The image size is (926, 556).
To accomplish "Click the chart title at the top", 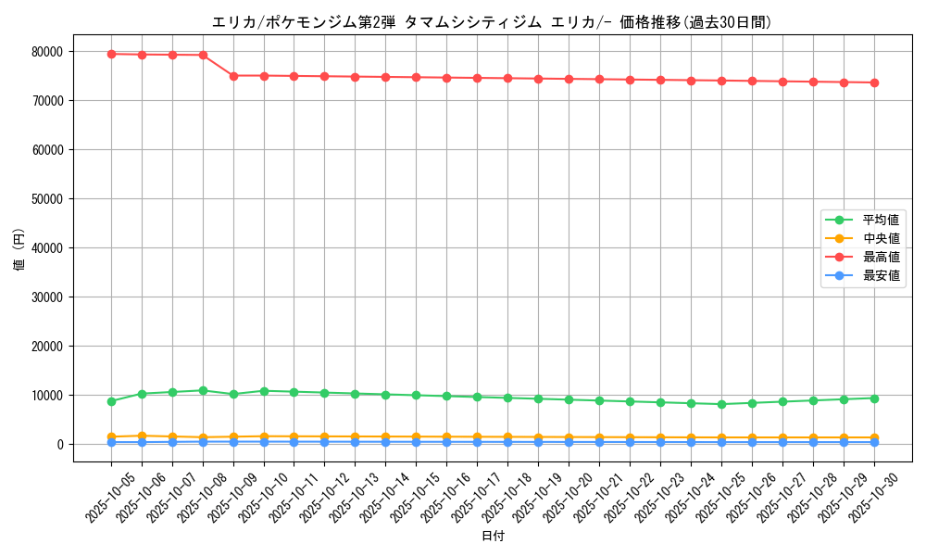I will (x=491, y=22).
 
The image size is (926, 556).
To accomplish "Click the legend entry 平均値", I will (x=880, y=220).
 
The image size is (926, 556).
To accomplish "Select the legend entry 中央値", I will (x=880, y=238).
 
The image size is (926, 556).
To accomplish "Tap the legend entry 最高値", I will (x=880, y=257).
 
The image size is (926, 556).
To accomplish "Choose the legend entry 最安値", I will (x=880, y=275).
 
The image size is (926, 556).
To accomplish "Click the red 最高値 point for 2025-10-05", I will (x=111, y=54).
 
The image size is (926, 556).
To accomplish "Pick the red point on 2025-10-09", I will (x=233, y=76).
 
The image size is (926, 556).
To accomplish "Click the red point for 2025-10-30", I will (x=874, y=82).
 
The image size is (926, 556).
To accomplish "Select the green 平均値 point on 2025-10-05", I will (x=111, y=401).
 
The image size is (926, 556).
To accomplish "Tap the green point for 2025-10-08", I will (x=203, y=391).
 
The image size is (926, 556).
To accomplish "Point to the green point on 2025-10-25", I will (x=721, y=404).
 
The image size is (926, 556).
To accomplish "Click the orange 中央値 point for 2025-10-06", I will (x=142, y=436).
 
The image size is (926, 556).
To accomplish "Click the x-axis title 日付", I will (x=493, y=536).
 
